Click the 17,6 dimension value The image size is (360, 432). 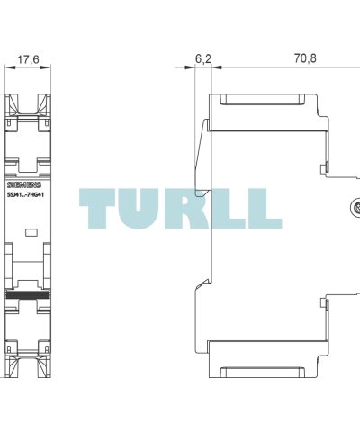[28, 59]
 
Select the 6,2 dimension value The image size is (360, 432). [203, 58]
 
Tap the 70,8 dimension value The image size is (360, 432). [305, 58]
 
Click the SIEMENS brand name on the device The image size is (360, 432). [24, 185]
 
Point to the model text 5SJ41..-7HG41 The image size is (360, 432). [25, 195]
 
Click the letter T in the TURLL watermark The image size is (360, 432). [97, 209]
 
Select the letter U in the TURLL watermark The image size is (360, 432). [139, 209]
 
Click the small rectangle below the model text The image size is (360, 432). [31, 232]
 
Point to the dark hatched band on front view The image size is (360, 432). [28, 294]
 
